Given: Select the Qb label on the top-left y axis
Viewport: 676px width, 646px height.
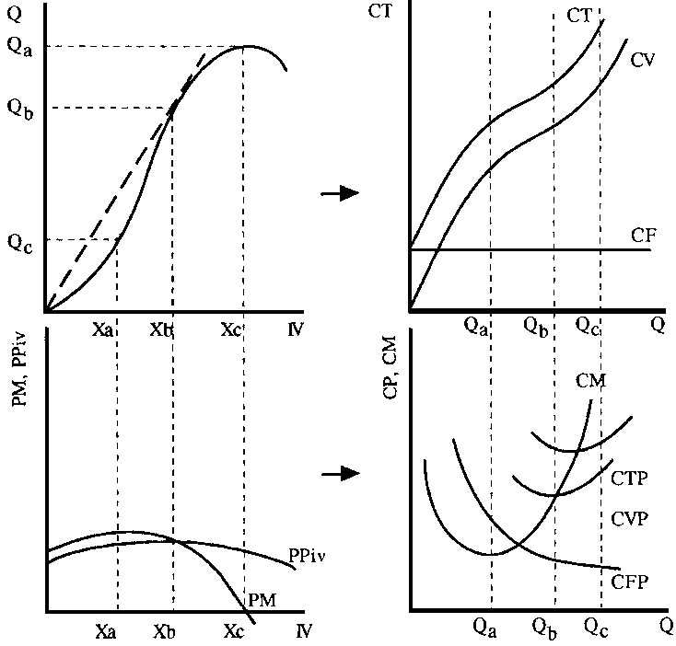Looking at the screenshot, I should (x=20, y=109).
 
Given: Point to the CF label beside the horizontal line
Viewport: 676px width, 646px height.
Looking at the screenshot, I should (x=643, y=235).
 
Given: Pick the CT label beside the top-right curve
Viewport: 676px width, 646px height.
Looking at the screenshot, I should (x=579, y=15).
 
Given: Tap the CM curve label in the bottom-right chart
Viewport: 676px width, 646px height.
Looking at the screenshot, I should (x=591, y=379).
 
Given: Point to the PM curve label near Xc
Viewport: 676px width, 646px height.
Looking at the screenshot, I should (x=262, y=599).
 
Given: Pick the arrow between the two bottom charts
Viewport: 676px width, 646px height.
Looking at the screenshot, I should (x=339, y=473).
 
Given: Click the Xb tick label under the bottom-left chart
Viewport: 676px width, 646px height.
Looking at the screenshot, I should (x=166, y=632).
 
